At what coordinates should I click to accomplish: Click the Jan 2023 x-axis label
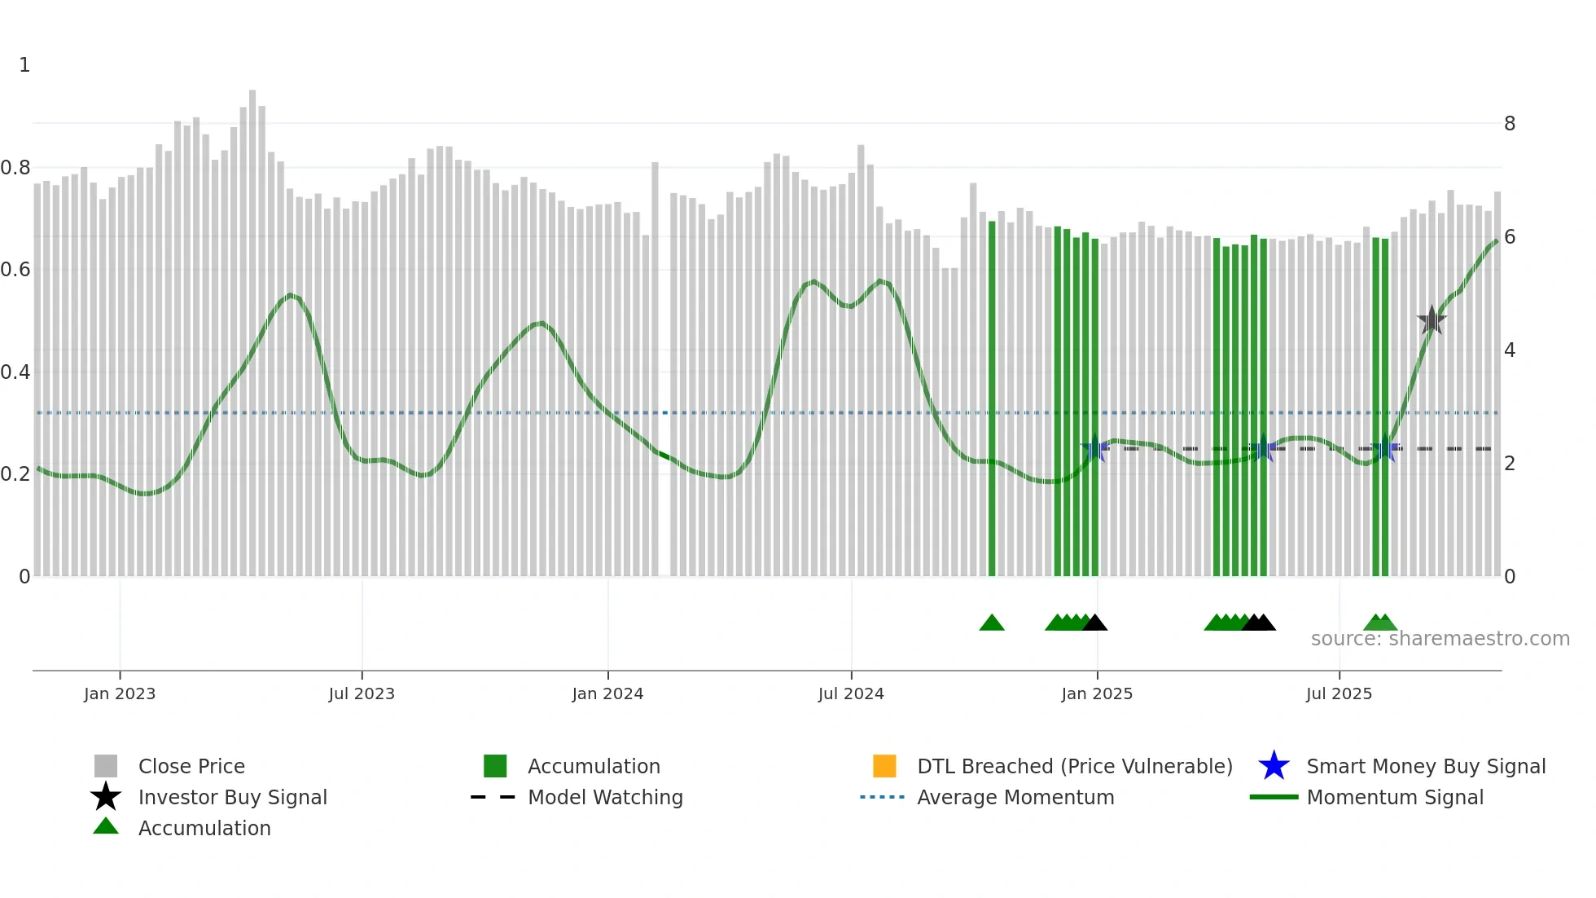[120, 693]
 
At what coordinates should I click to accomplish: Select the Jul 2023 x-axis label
[362, 693]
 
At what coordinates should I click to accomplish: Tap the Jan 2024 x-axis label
[607, 693]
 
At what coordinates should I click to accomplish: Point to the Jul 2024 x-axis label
[851, 693]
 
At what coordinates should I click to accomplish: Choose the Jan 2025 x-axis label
[1097, 693]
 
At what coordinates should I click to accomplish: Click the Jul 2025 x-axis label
[1339, 693]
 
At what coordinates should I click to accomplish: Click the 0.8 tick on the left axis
[15, 168]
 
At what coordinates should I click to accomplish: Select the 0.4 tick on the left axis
[15, 372]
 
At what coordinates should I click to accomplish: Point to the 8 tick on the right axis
[1510, 124]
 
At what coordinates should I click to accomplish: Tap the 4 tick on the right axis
[1510, 350]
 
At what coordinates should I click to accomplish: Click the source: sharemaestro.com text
[1440, 639]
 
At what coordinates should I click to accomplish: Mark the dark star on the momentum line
[1432, 320]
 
